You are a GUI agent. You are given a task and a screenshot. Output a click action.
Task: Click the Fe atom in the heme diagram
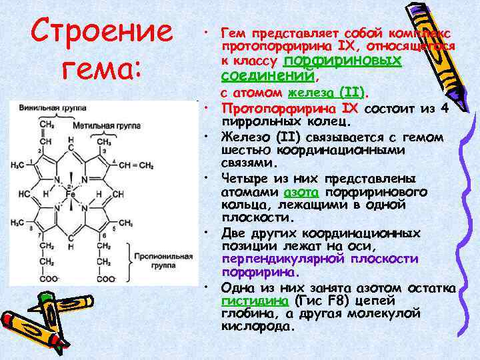[x=70, y=194]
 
